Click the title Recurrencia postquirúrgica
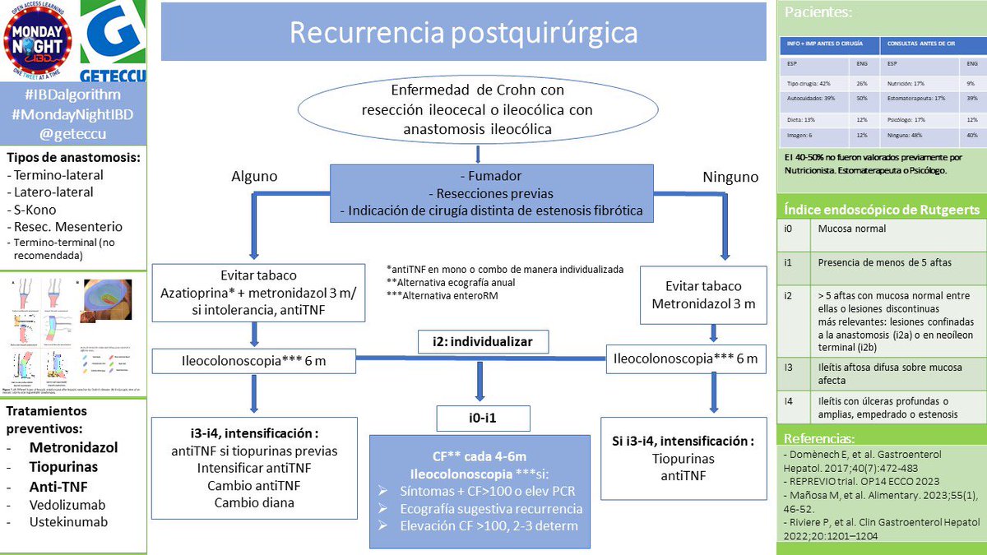[463, 33]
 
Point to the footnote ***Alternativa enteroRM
[440, 296]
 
